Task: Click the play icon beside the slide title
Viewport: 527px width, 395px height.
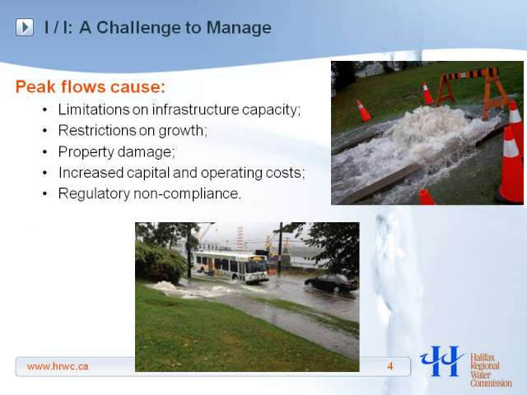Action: pyautogui.click(x=25, y=27)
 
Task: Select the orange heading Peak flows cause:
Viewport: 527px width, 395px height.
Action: pyautogui.click(x=91, y=86)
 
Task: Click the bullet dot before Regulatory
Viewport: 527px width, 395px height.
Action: pyautogui.click(x=45, y=194)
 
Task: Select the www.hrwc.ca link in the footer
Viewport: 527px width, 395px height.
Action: pyautogui.click(x=58, y=366)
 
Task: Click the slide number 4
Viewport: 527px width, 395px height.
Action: pyautogui.click(x=389, y=366)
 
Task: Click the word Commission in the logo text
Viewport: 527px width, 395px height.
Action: pyautogui.click(x=491, y=383)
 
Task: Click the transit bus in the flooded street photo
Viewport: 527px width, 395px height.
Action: pyautogui.click(x=231, y=266)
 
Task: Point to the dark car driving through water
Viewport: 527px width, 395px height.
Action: pyautogui.click(x=331, y=283)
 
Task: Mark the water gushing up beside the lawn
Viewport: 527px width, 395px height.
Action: pyautogui.click(x=166, y=286)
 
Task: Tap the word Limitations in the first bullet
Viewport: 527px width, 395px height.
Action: pyautogui.click(x=94, y=109)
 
